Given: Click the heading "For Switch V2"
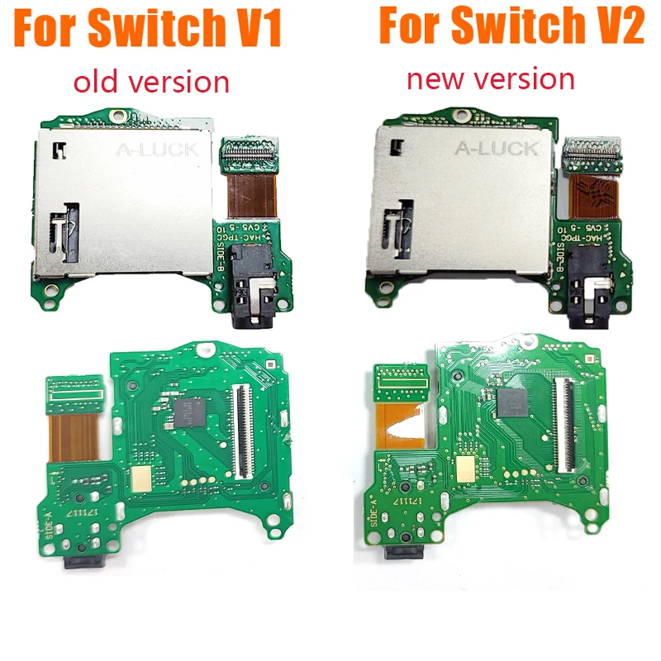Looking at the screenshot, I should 511,26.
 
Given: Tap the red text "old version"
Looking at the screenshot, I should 151,81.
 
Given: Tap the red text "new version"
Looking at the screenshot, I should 491,78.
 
